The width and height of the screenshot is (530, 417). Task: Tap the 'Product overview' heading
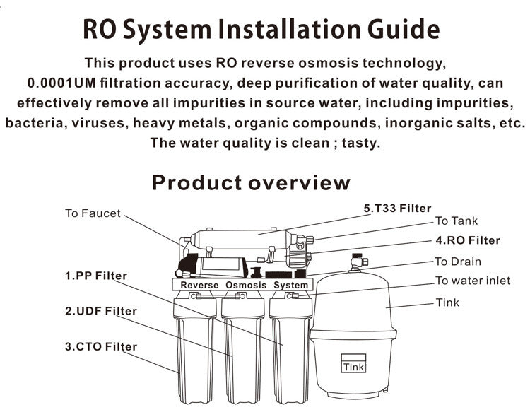tap(251, 182)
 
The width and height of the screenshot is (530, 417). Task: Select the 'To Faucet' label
tap(93, 213)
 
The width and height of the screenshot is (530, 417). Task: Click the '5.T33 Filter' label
tap(397, 208)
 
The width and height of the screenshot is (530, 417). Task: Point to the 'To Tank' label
tap(456, 221)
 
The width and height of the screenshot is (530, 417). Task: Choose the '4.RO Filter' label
tap(467, 240)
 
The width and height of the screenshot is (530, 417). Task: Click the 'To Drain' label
tap(458, 262)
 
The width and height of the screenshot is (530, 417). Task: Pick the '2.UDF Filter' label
tap(101, 310)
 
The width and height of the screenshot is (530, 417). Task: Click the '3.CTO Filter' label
tap(101, 346)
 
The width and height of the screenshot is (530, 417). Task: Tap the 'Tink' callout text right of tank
tap(447, 303)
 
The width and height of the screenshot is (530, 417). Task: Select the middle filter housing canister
tap(242, 353)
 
